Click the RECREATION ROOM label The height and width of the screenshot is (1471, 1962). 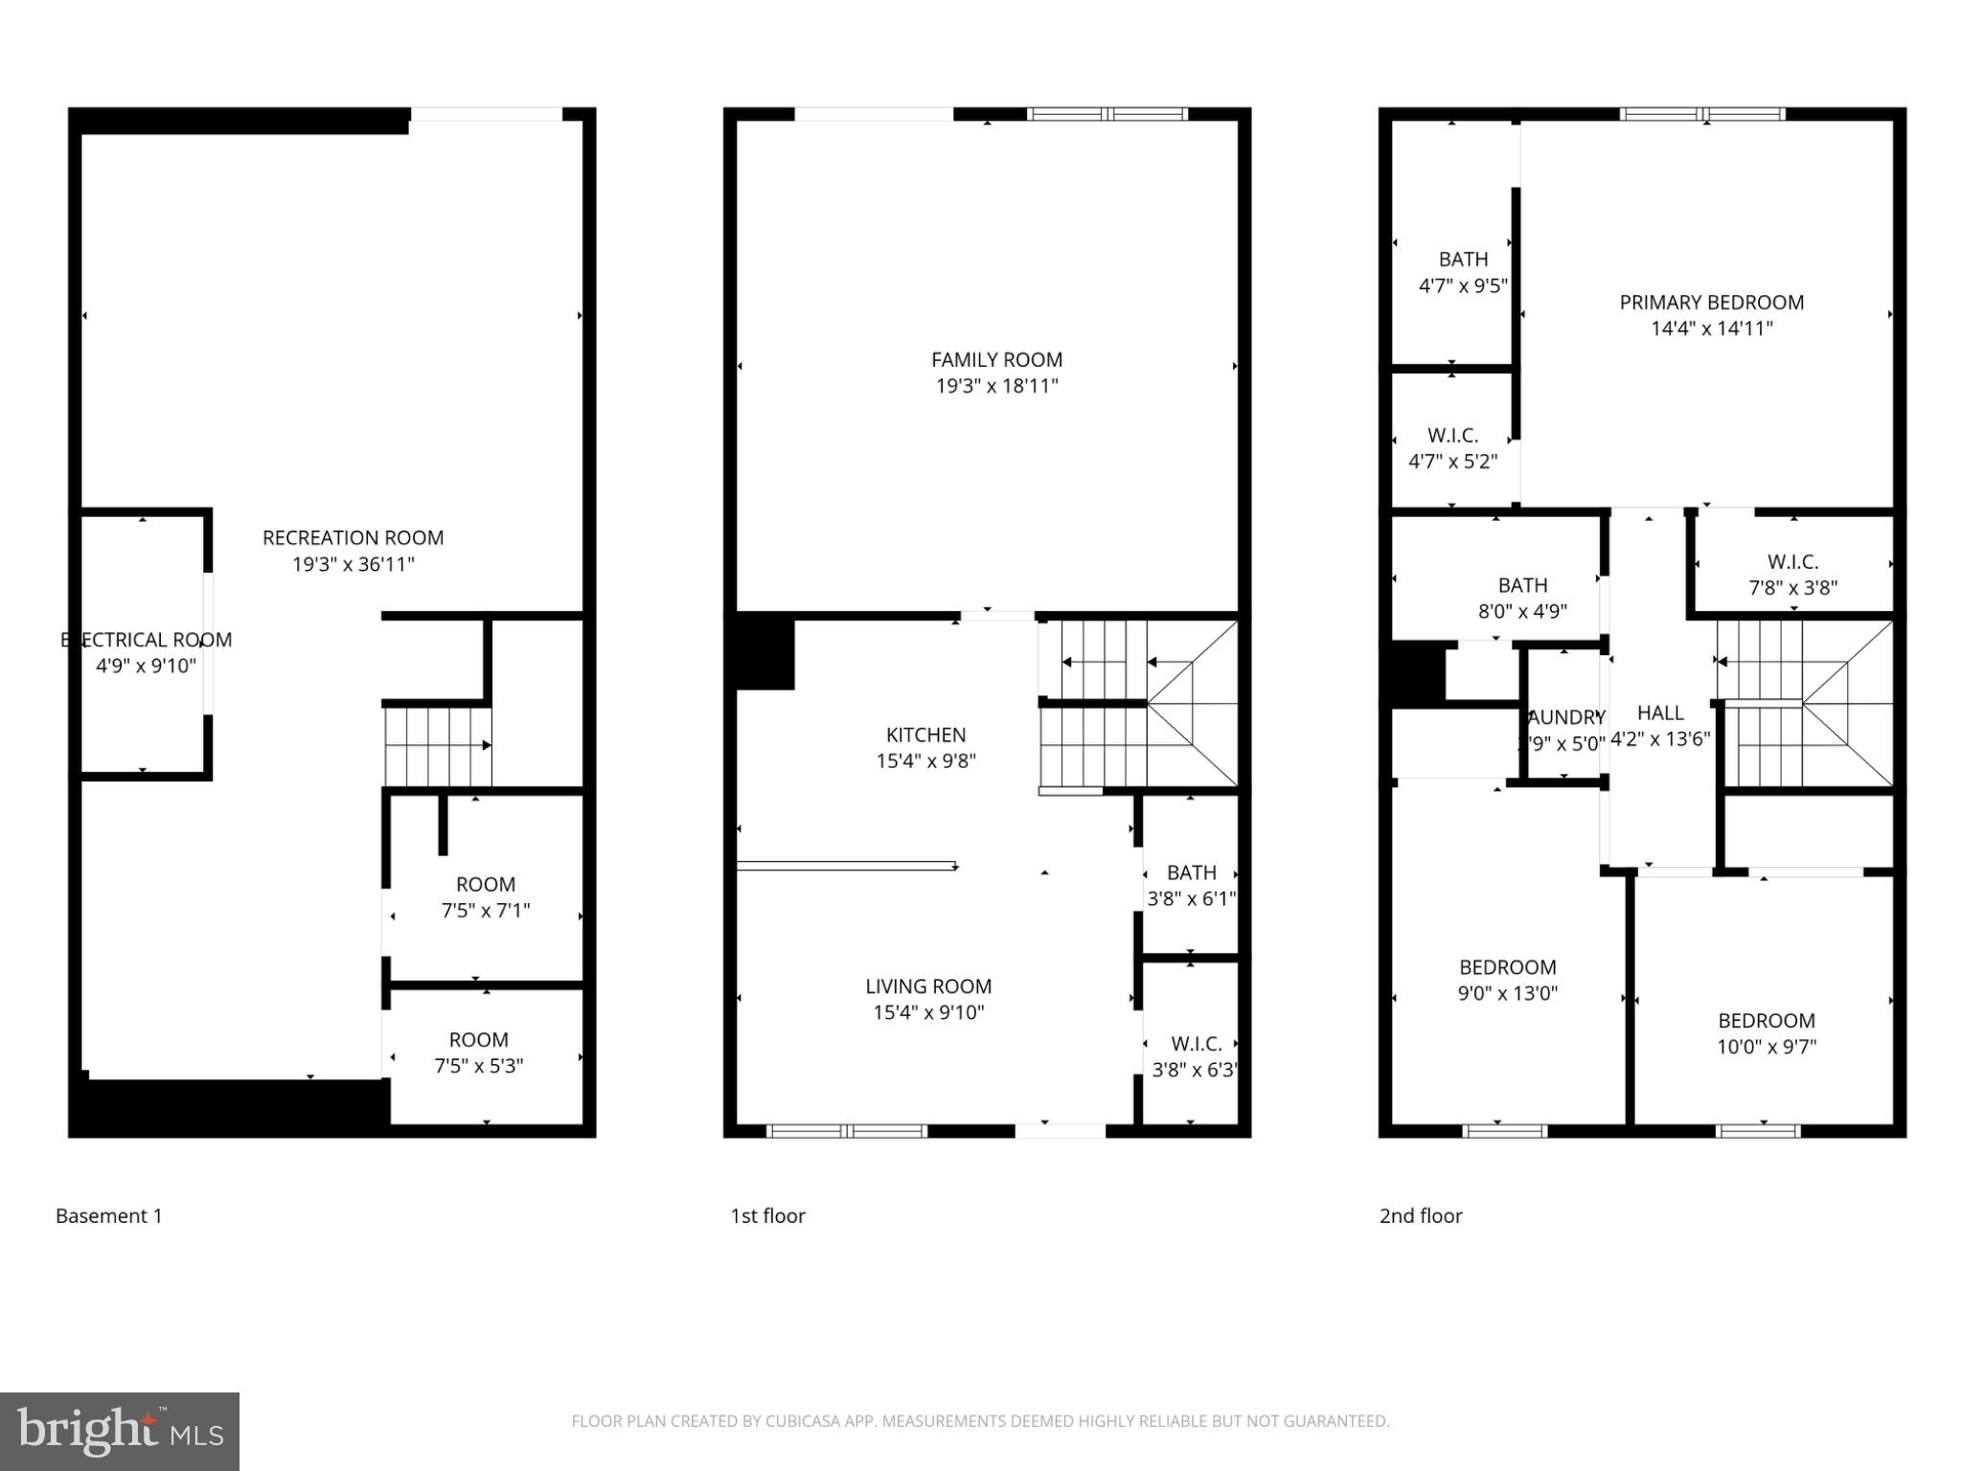pos(353,537)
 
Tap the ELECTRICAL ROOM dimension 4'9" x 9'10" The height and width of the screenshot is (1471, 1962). pos(146,666)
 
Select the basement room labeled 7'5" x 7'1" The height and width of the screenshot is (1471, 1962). pos(485,897)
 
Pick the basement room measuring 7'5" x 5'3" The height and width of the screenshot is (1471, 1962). pos(479,1052)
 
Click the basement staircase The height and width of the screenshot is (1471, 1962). pos(438,746)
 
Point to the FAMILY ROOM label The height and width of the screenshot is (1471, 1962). pos(996,360)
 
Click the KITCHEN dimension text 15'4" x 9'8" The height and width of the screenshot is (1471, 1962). pos(925,761)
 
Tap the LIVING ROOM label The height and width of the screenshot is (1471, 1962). pos(928,986)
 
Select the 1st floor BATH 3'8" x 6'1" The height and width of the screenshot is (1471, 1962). pos(1191,886)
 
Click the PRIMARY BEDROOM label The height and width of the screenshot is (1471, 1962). pos(1711,303)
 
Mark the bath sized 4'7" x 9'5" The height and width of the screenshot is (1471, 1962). pos(1463,272)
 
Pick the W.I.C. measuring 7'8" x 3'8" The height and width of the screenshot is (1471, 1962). pos(1792,575)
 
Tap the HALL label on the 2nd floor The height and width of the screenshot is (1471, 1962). pos(1660,713)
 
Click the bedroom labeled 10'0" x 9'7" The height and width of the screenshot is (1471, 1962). pos(1766,1033)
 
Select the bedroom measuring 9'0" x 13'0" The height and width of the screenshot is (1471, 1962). pos(1507,980)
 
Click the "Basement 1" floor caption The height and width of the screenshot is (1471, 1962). pos(109,1216)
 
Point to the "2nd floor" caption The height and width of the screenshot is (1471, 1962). pos(1421,1216)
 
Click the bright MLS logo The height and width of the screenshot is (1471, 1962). pos(120,1432)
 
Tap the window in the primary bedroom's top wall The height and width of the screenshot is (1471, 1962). pos(1702,114)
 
